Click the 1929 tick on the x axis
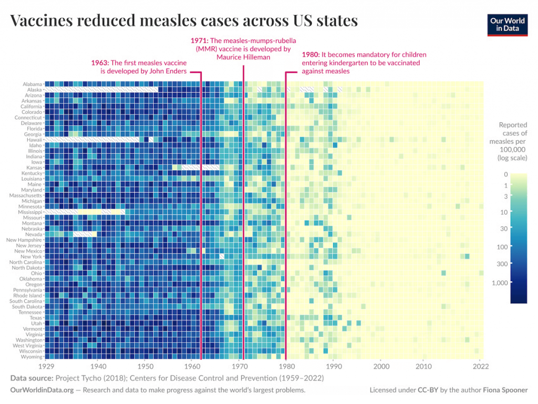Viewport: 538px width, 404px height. [x=45, y=366]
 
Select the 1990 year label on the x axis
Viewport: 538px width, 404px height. [x=332, y=366]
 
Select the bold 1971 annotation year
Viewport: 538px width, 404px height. [x=199, y=40]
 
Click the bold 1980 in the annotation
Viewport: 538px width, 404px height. [x=311, y=55]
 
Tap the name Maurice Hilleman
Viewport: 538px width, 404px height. [x=243, y=57]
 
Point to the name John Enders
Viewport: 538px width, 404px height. [x=168, y=71]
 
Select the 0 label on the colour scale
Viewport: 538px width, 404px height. [x=505, y=174]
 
